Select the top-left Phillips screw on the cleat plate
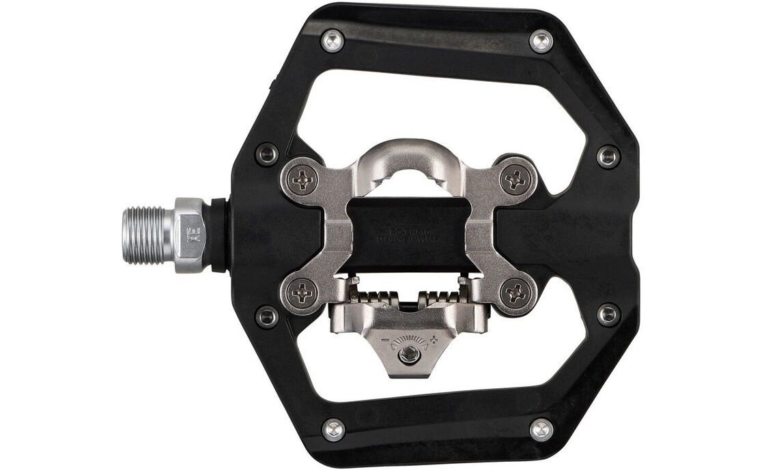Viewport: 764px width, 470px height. (x=302, y=179)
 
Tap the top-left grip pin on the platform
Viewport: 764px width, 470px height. (x=333, y=41)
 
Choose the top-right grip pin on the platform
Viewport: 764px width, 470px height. (x=541, y=41)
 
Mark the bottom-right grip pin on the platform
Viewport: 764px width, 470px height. (x=541, y=429)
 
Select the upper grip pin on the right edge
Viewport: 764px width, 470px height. (x=607, y=156)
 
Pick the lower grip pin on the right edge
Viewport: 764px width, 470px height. (x=607, y=314)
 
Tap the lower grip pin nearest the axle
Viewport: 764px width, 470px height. (x=267, y=317)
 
